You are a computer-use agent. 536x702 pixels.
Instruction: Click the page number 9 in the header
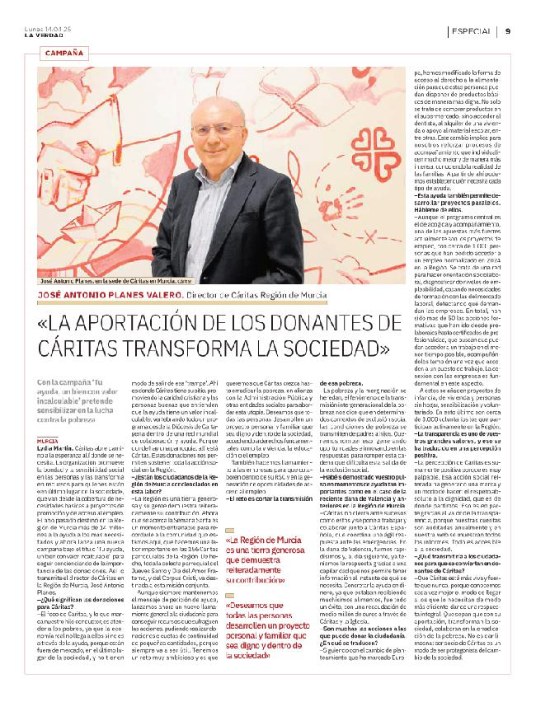point(509,30)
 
